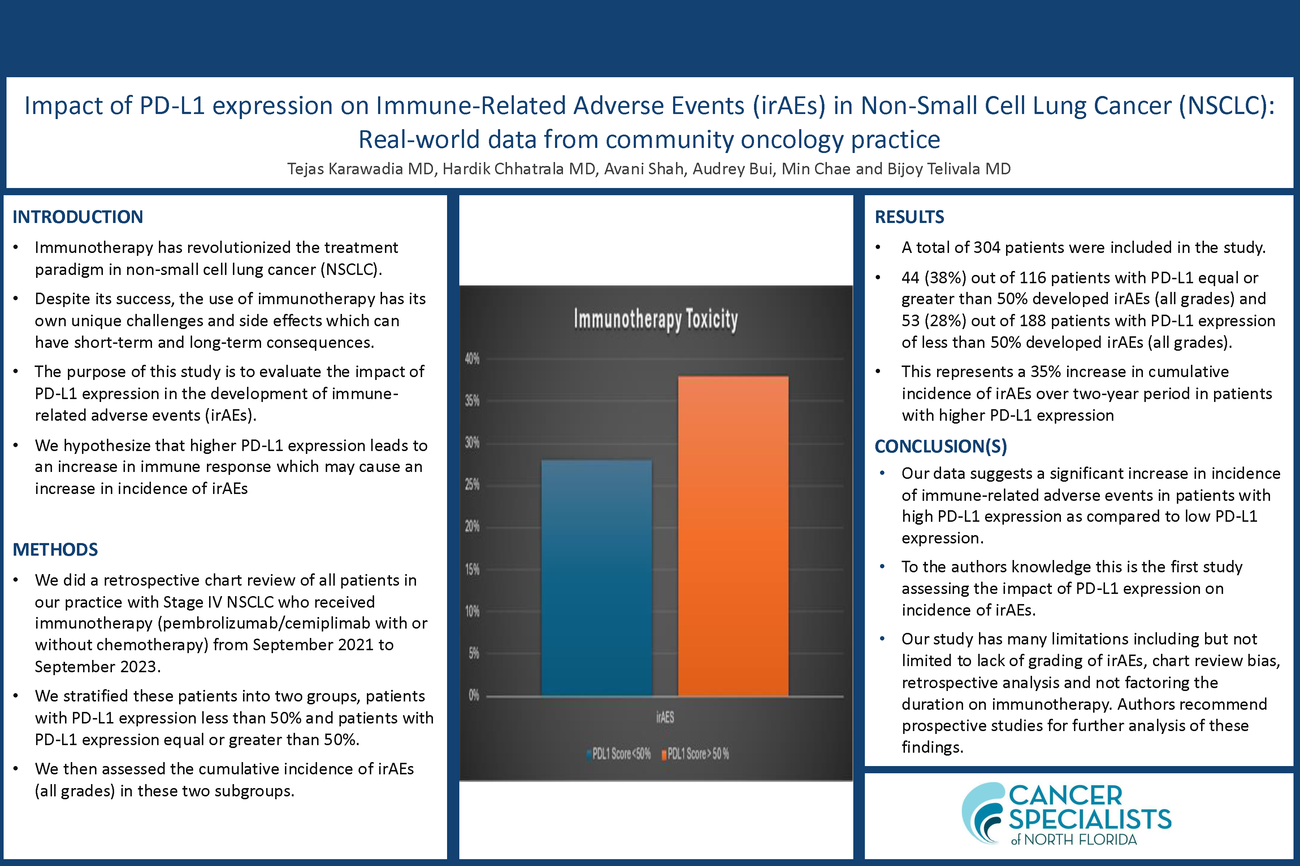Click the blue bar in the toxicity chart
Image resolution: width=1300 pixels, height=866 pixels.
click(x=597, y=577)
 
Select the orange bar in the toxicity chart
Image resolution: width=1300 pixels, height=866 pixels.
click(x=733, y=536)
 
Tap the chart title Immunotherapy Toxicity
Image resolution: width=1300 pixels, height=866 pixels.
click(x=655, y=320)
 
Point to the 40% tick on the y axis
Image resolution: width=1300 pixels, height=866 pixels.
click(x=472, y=359)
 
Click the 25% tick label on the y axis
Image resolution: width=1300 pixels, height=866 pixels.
click(x=472, y=485)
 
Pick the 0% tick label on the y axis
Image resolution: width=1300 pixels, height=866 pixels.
click(x=474, y=695)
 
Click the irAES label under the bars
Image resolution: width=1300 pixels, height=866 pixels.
click(x=665, y=717)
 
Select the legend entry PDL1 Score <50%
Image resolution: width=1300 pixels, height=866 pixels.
click(x=619, y=754)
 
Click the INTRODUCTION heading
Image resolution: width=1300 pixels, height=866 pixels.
click(x=78, y=217)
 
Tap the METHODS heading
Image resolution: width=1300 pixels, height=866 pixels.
click(x=55, y=550)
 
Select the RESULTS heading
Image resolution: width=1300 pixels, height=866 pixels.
click(x=909, y=217)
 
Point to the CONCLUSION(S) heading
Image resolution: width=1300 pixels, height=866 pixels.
click(x=941, y=446)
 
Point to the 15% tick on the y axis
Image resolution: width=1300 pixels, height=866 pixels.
click(x=472, y=569)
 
